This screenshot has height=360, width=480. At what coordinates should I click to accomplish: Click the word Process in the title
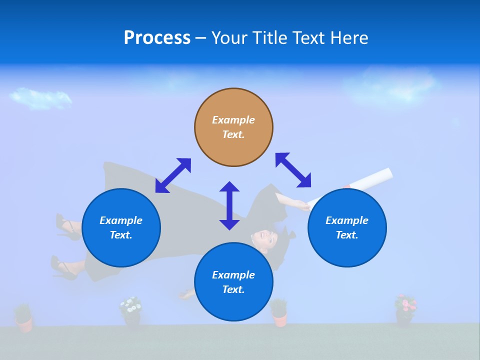[x=157, y=38]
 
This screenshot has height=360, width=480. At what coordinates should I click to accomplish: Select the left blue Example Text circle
[x=121, y=227]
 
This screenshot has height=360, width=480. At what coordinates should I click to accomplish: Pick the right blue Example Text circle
[x=347, y=227]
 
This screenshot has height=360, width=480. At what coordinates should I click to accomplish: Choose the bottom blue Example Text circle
[x=233, y=282]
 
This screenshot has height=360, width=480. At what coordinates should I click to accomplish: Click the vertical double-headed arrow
[x=229, y=205]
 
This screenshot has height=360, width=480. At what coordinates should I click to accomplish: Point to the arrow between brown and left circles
[x=173, y=175]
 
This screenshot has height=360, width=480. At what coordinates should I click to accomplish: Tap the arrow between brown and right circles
[x=293, y=170]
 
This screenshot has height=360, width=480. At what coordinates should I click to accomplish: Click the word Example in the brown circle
[x=233, y=120]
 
